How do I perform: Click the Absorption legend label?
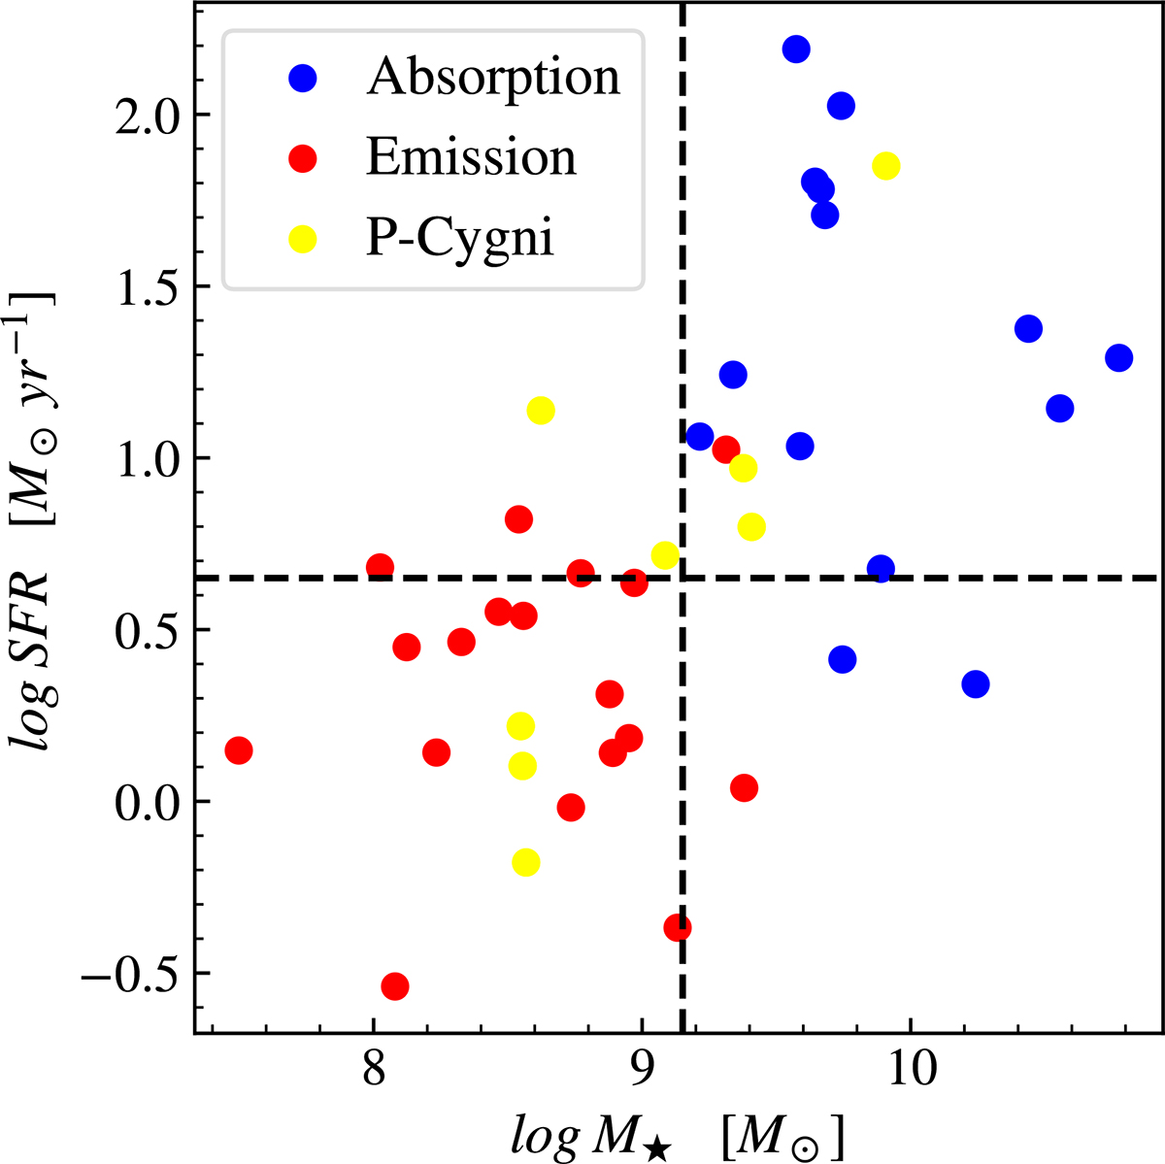492,77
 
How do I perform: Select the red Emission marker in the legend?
304,157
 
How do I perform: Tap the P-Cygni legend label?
459,237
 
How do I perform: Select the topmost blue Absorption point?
796,50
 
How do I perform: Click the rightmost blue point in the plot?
1118,358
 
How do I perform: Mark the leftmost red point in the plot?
238,750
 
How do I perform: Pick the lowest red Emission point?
394,986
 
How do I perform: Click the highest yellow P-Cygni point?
885,166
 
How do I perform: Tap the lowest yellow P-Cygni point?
525,863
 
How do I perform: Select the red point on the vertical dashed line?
678,928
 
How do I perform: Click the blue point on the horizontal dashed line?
881,569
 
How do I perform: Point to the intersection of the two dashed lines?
682,578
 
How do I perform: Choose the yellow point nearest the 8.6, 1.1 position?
541,411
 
